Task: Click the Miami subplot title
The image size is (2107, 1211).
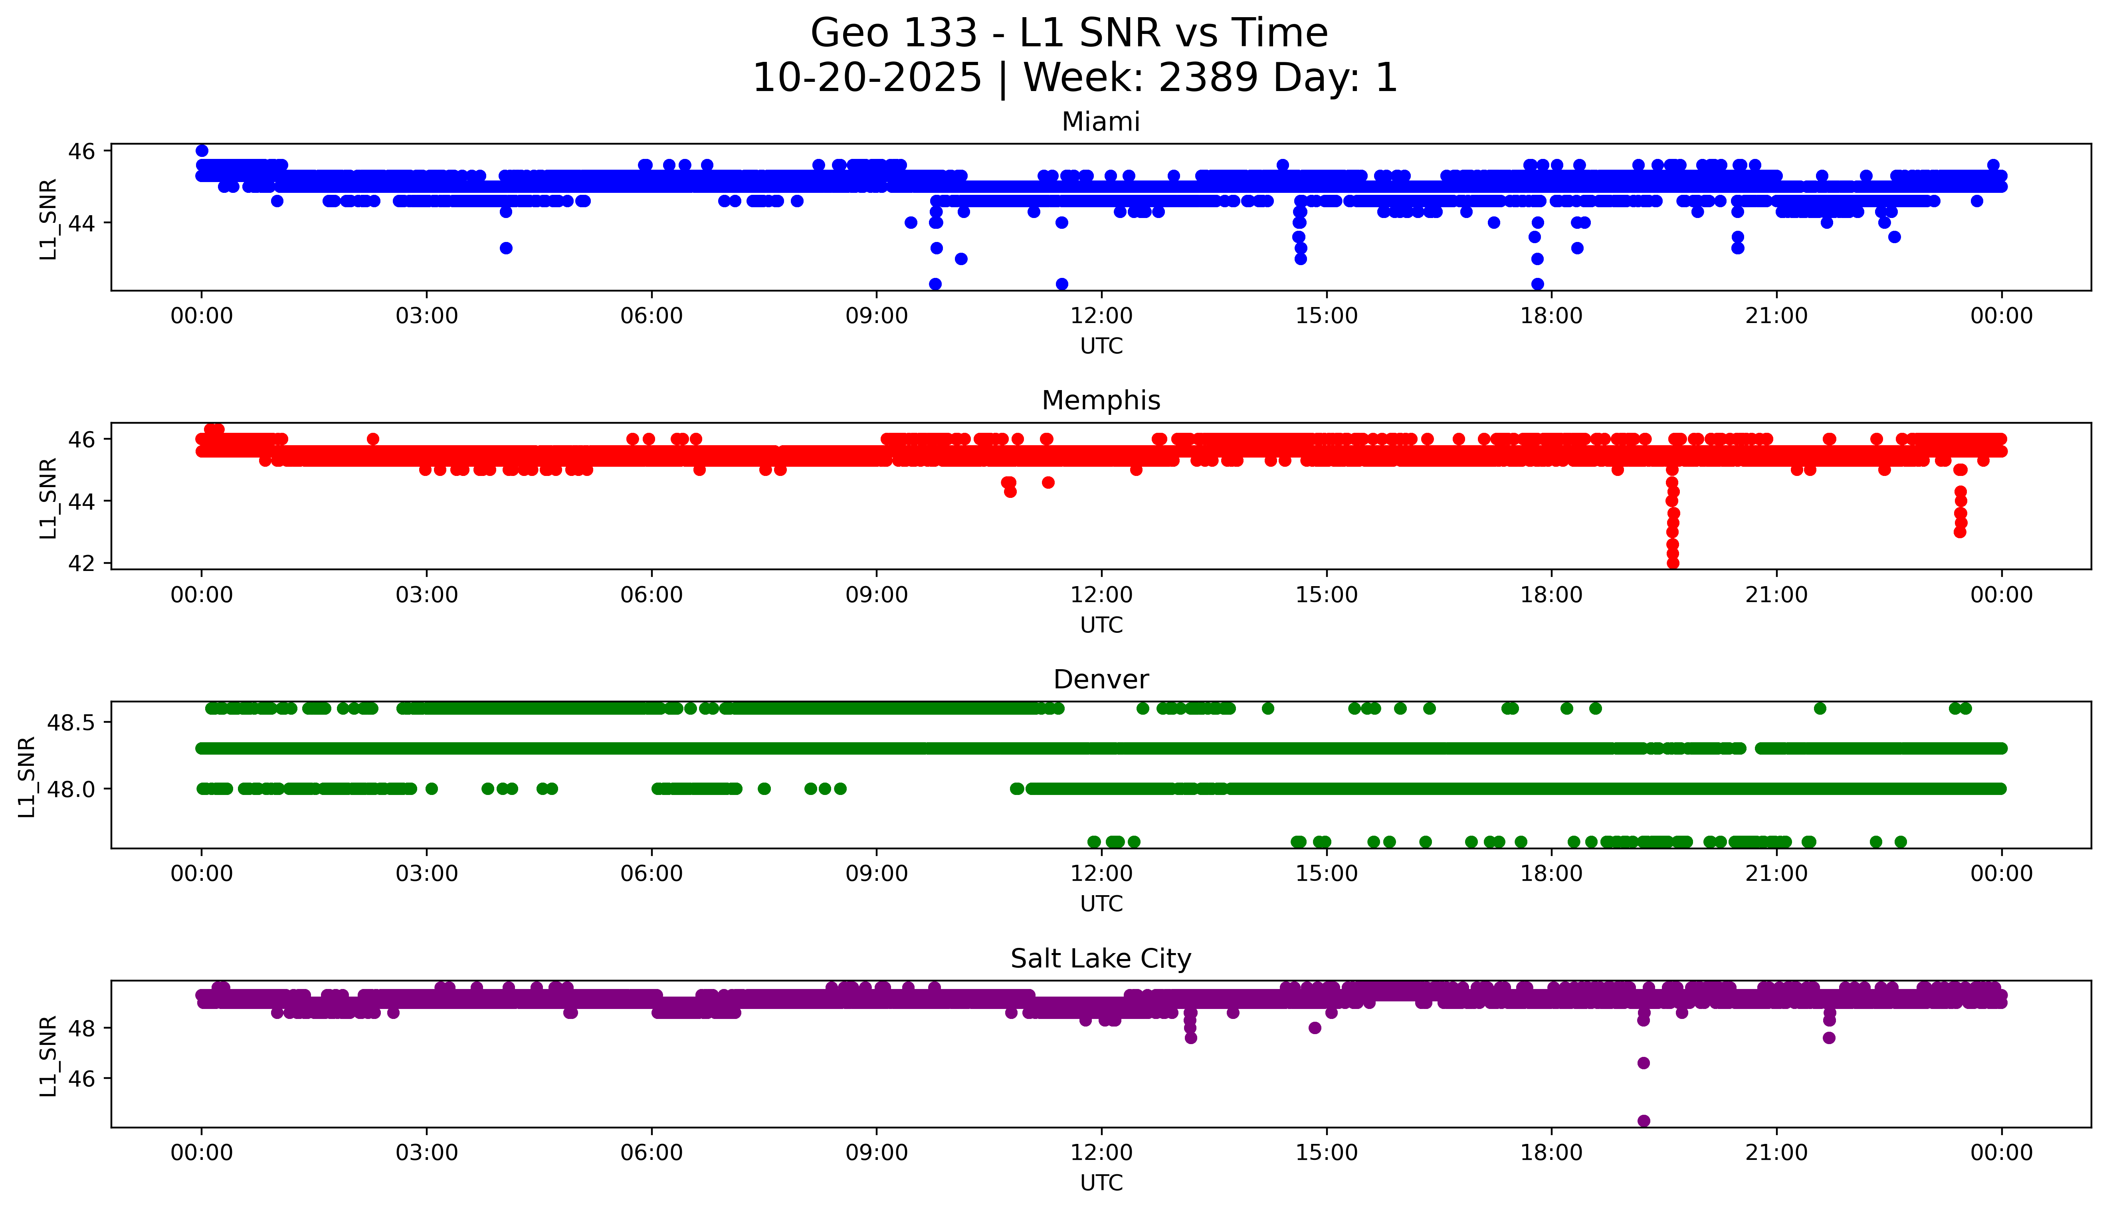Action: [x=1100, y=122]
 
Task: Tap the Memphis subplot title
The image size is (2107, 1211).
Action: [x=1100, y=401]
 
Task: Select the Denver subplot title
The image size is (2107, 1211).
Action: [x=1100, y=680]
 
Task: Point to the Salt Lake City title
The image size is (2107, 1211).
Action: [x=1100, y=959]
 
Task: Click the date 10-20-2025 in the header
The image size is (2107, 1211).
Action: [x=867, y=78]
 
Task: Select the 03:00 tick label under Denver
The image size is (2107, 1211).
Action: [x=427, y=873]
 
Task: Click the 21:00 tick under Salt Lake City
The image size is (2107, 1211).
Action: [x=1776, y=1153]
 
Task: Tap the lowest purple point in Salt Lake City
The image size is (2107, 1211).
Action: [x=1643, y=1120]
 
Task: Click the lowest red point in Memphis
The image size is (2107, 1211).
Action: [x=1672, y=563]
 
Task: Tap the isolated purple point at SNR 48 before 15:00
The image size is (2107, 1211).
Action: [x=1315, y=1028]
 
